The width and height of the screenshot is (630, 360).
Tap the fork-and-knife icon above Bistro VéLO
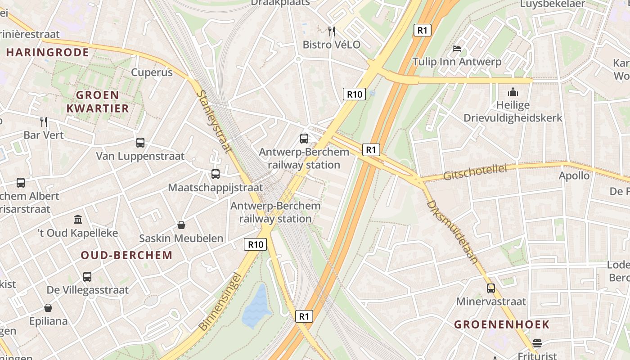pyautogui.click(x=332, y=31)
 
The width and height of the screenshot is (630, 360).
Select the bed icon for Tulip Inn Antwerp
pyautogui.click(x=457, y=48)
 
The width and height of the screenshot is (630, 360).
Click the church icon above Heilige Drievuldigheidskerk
pyautogui.click(x=513, y=92)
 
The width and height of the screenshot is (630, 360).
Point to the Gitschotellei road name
pyautogui.click(x=475, y=171)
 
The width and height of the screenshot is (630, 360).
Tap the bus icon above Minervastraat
pyautogui.click(x=490, y=288)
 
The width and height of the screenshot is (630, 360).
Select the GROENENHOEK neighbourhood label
pyautogui.click(x=501, y=324)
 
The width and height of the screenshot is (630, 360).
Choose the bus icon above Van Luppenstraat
pyautogui.click(x=140, y=143)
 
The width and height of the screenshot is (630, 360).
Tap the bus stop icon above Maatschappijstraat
pyautogui.click(x=216, y=174)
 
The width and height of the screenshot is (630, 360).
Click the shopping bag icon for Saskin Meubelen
pyautogui.click(x=181, y=225)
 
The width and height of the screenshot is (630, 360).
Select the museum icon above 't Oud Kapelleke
pyautogui.click(x=78, y=220)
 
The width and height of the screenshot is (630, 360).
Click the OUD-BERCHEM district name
pyautogui.click(x=126, y=255)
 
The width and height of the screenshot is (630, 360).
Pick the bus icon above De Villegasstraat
pyautogui.click(x=87, y=277)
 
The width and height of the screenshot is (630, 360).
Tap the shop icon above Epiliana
pyautogui.click(x=48, y=308)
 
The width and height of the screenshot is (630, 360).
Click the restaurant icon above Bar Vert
pyautogui.click(x=44, y=121)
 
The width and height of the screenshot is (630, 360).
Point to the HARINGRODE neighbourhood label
pyautogui.click(x=47, y=53)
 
